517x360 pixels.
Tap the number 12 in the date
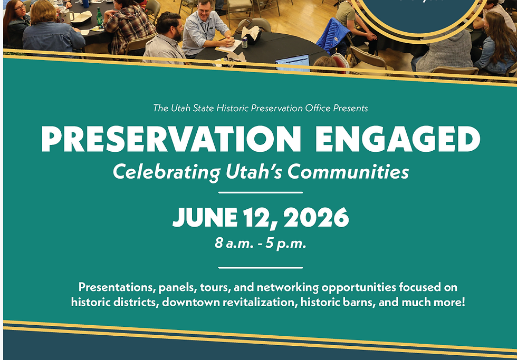255,217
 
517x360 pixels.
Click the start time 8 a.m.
233,244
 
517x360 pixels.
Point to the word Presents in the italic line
350,108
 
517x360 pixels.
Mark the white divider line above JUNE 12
260,192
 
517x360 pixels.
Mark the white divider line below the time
260,267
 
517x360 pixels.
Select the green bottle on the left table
99,18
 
